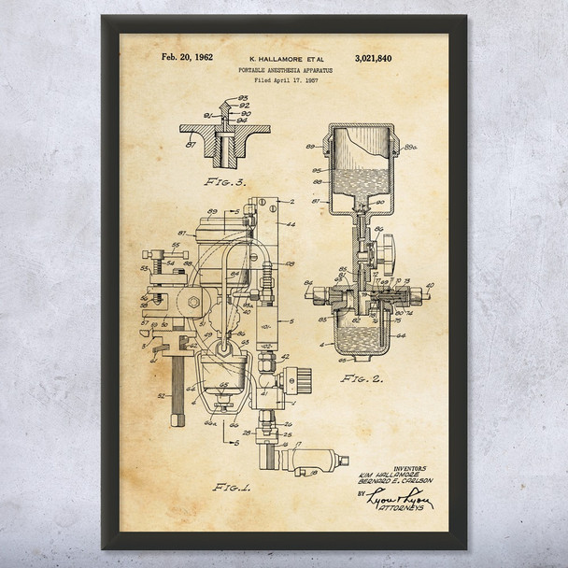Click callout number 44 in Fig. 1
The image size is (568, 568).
291,223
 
